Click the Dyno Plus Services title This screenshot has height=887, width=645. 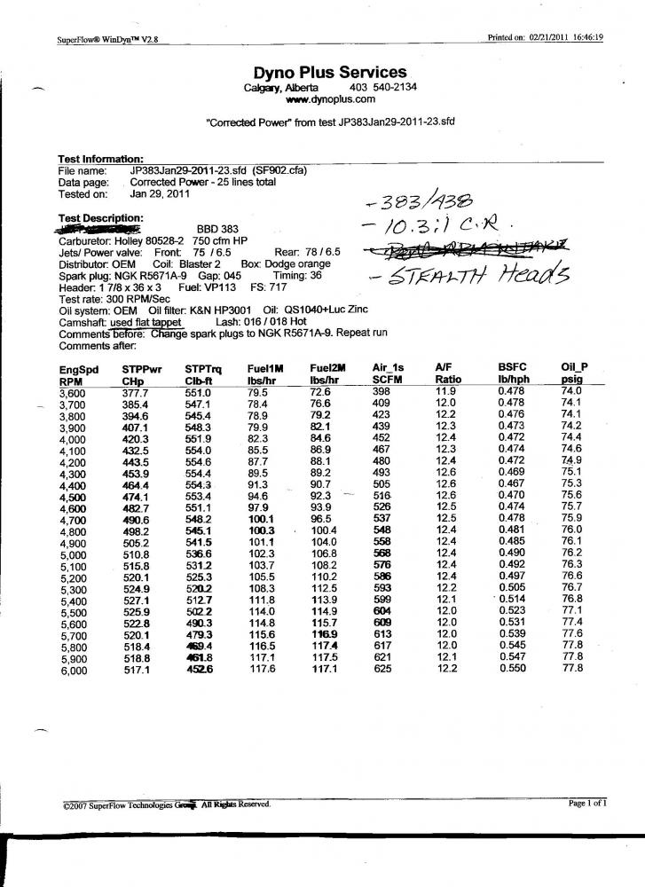click(x=329, y=73)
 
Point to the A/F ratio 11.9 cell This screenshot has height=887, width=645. click(x=446, y=391)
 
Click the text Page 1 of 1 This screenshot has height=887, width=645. click(x=587, y=804)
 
